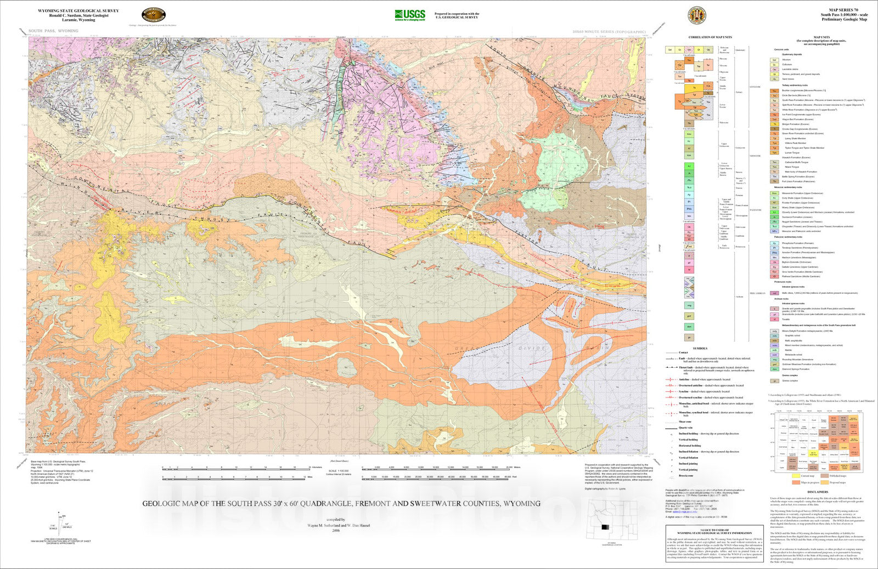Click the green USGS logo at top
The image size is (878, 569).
pyautogui.click(x=409, y=15)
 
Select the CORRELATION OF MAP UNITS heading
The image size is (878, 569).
pyautogui.click(x=710, y=37)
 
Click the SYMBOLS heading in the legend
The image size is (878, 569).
pyautogui.click(x=700, y=348)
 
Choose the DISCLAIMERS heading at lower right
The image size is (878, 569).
pyautogui.click(x=818, y=492)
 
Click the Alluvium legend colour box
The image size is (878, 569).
pyautogui.click(x=774, y=60)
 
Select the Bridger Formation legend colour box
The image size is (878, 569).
pyautogui.click(x=774, y=124)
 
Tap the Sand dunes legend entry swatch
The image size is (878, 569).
pyautogui.click(x=774, y=79)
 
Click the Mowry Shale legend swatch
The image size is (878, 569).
pyautogui.click(x=774, y=208)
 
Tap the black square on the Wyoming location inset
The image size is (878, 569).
pyautogui.click(x=605, y=527)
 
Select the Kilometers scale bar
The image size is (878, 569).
pyautogui.click(x=236, y=469)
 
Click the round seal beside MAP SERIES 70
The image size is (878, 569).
pyautogui.click(x=696, y=15)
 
